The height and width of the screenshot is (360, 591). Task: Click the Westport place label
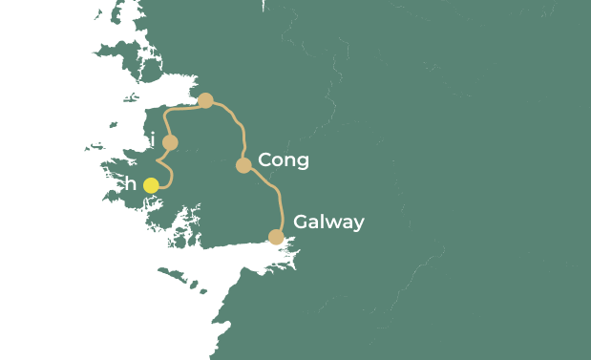(x=144, y=98)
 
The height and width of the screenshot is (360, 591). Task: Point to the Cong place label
(x=284, y=160)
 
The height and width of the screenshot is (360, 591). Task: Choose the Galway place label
(x=328, y=222)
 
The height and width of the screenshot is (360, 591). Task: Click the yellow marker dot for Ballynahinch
(x=151, y=185)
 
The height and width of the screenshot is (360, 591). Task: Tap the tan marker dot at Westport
(x=205, y=100)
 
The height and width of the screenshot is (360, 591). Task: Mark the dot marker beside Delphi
(x=170, y=142)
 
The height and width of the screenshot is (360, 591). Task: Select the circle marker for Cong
(x=243, y=165)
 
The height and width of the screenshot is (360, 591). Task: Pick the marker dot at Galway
(x=276, y=237)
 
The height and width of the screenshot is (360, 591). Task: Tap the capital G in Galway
(x=301, y=222)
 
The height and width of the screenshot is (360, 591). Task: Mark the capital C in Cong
(x=265, y=160)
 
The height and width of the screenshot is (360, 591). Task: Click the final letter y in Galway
(x=358, y=225)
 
